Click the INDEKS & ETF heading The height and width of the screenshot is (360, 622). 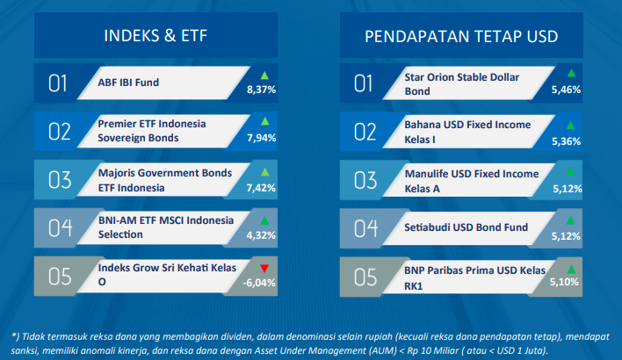coord(155,36)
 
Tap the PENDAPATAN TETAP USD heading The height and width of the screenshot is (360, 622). coord(461,37)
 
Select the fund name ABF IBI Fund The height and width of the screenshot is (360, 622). coord(128,83)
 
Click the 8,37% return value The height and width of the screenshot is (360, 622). coord(262,90)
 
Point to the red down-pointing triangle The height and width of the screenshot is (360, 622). coord(264,269)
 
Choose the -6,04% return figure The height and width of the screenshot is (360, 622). coord(259,283)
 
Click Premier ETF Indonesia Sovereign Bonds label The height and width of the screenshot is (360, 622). coord(152,131)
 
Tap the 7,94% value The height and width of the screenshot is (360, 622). coord(262,138)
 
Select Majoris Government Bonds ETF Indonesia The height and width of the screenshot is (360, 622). coord(165,180)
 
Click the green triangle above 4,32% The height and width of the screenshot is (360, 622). coord(264,220)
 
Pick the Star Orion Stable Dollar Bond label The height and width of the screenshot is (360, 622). coord(462,84)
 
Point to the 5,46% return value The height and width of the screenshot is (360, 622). coord(566,90)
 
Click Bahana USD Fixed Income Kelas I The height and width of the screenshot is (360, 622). coord(467,132)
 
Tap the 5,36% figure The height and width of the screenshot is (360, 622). coord(566,141)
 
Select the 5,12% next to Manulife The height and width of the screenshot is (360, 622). coord(568,189)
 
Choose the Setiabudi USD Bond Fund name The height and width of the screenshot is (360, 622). coord(466,227)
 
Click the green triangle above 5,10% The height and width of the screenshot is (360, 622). coord(571,270)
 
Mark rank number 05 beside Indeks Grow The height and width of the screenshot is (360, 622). coord(60,277)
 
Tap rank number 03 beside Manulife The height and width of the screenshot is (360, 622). coord(365,180)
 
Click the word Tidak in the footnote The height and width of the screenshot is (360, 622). coord(33,336)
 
